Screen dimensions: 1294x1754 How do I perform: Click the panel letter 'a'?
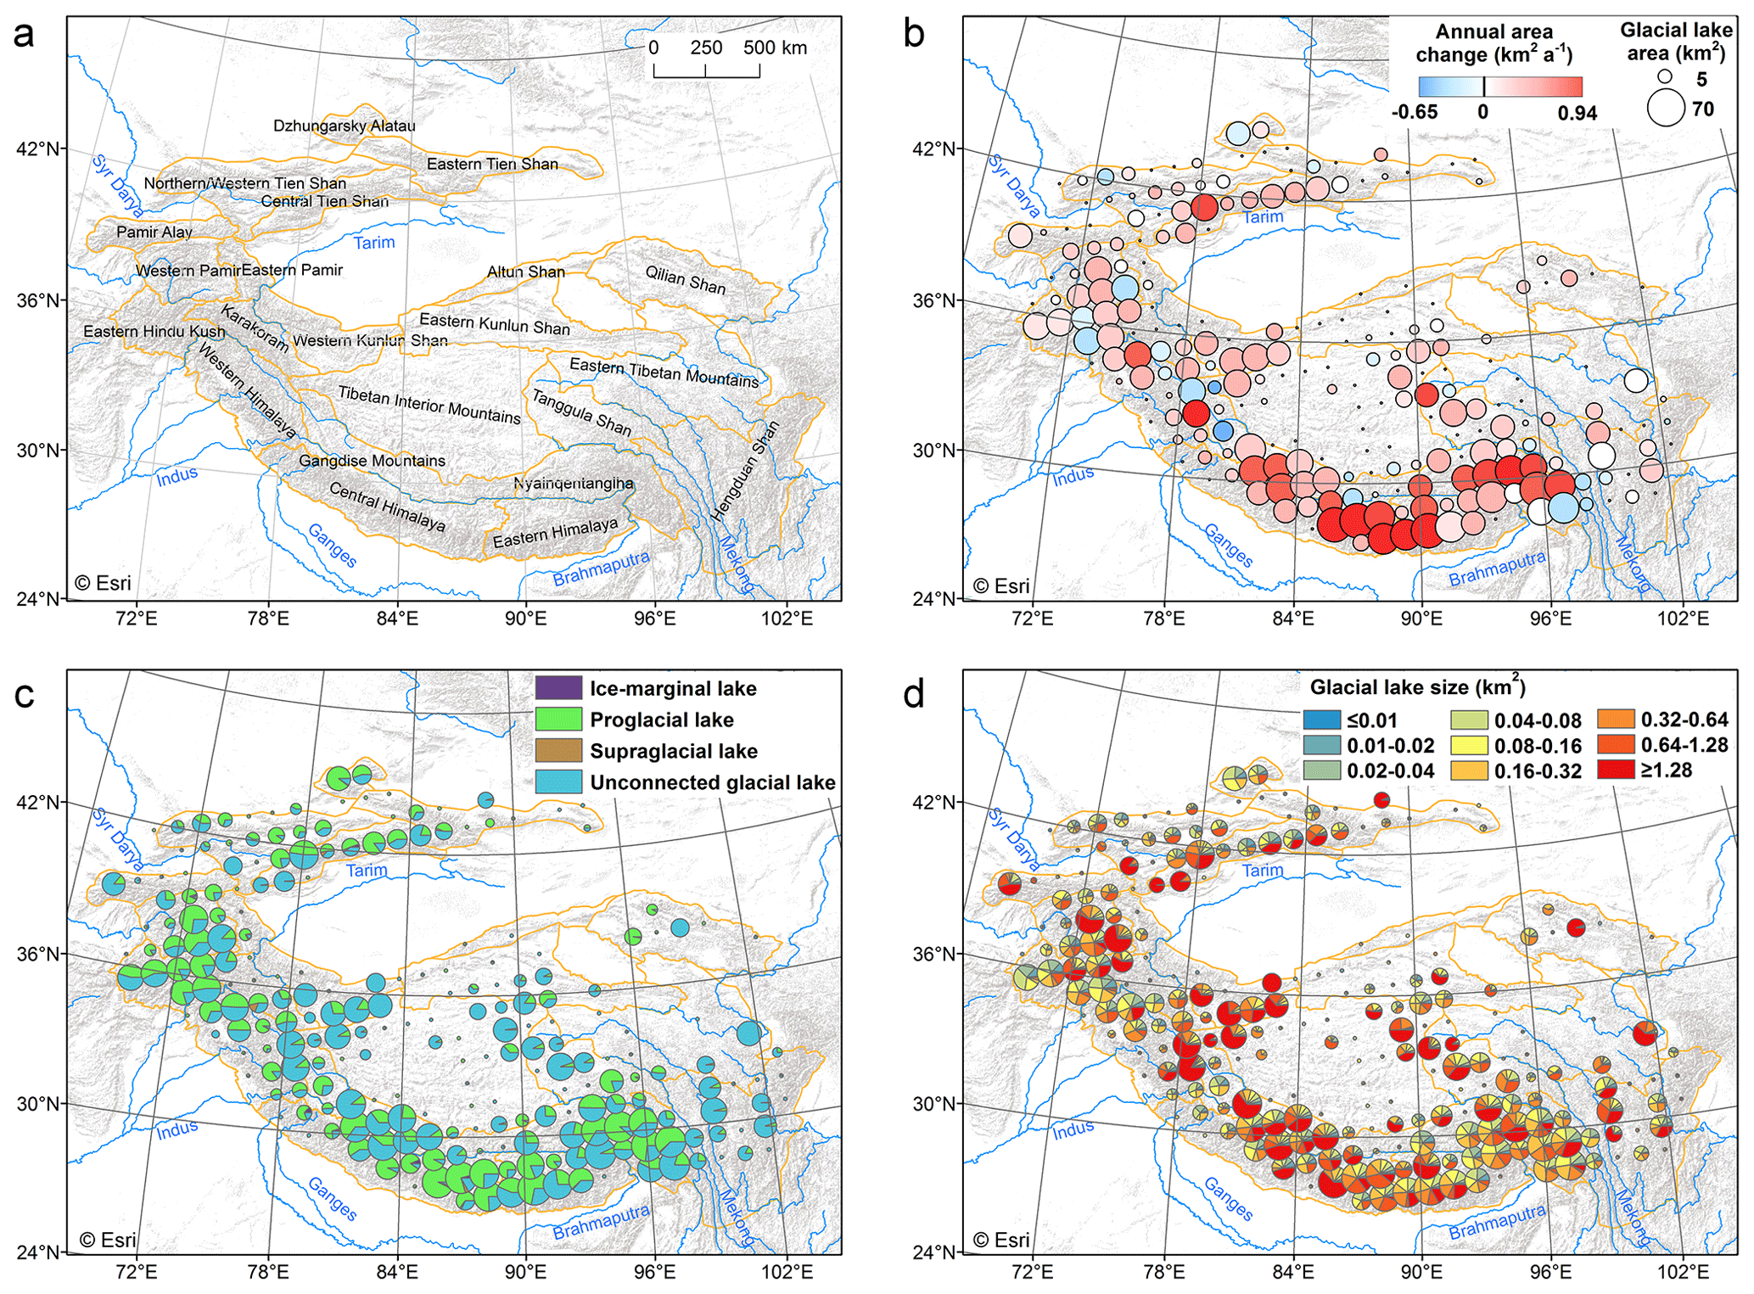tap(24, 36)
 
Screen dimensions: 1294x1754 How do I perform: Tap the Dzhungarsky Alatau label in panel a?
tap(344, 126)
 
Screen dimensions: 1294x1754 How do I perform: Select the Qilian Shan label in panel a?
tap(685, 280)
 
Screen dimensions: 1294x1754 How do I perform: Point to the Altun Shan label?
tap(525, 272)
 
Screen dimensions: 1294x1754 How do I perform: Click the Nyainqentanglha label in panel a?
tap(573, 483)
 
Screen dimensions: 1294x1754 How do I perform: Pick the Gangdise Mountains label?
tap(372, 461)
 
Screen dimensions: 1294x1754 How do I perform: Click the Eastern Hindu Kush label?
tap(154, 331)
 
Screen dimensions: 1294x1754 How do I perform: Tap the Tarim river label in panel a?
tap(374, 243)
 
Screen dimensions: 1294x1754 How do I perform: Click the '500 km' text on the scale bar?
tap(775, 48)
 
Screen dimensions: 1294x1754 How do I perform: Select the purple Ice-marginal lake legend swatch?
tap(558, 688)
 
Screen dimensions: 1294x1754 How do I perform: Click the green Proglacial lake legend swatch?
tap(558, 720)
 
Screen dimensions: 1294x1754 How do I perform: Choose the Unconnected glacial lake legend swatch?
tap(558, 782)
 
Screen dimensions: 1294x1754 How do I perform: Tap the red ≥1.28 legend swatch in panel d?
tap(1615, 770)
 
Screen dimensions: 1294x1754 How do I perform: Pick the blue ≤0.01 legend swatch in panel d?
tap(1321, 720)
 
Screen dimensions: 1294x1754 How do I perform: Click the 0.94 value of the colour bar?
tap(1577, 112)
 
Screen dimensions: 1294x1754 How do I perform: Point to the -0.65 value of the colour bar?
tap(1415, 112)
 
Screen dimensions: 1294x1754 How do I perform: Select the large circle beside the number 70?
tap(1666, 109)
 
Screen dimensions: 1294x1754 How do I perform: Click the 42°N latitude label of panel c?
tap(38, 802)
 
